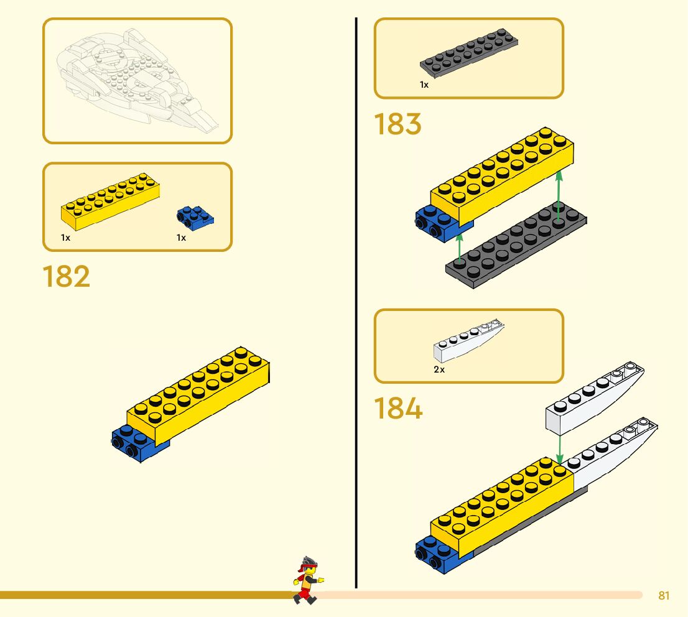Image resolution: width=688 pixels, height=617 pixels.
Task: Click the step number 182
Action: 67,277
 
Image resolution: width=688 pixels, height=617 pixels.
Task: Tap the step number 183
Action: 397,124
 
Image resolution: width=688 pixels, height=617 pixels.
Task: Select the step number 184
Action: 398,409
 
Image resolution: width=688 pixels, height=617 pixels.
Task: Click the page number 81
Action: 664,596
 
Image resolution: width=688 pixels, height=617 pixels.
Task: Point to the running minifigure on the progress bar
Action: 306,580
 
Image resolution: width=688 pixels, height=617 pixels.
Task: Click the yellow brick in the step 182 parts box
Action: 109,202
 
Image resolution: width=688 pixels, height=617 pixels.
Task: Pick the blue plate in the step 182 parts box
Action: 195,216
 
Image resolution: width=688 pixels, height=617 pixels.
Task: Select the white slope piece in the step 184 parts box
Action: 468,341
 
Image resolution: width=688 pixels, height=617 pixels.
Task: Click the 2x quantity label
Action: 439,369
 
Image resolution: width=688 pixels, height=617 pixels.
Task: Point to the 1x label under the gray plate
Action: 424,85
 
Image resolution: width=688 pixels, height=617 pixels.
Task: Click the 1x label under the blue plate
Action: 181,238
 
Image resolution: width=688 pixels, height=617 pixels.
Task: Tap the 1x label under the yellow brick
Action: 66,238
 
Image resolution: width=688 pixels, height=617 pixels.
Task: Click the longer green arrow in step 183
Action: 559,195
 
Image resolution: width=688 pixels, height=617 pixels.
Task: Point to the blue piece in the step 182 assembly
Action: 134,443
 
